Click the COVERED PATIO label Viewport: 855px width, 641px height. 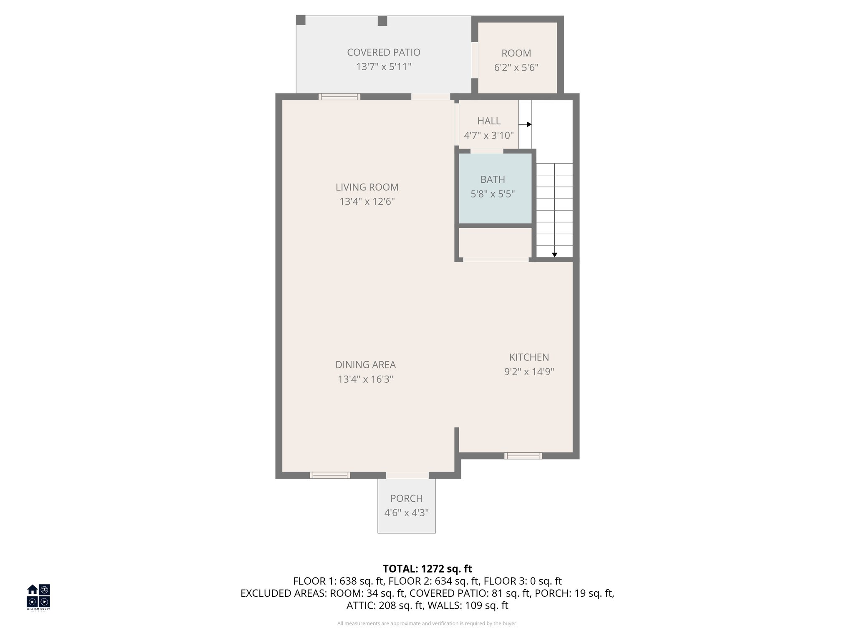pyautogui.click(x=383, y=53)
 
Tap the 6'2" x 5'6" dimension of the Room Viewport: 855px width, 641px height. pyautogui.click(x=516, y=68)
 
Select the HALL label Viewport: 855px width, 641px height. pyautogui.click(x=488, y=121)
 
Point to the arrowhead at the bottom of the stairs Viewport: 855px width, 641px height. pyautogui.click(x=554, y=255)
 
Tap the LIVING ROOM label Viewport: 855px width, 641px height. pyautogui.click(x=367, y=187)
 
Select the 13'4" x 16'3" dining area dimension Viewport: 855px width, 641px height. pyautogui.click(x=365, y=379)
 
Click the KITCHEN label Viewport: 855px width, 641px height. pyautogui.click(x=529, y=357)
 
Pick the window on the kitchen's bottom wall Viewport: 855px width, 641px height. pyautogui.click(x=523, y=456)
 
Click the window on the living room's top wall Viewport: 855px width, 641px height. pyautogui.click(x=339, y=97)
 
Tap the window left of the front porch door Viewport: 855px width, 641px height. pyautogui.click(x=330, y=475)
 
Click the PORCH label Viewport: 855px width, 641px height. pyautogui.click(x=406, y=498)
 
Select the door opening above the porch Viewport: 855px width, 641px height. pyautogui.click(x=407, y=475)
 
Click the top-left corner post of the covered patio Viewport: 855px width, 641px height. pyautogui.click(x=301, y=20)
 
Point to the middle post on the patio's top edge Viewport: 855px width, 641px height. pyautogui.click(x=382, y=21)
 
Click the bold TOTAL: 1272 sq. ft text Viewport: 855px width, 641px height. pyautogui.click(x=427, y=569)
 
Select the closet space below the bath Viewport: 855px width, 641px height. pyautogui.click(x=495, y=243)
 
